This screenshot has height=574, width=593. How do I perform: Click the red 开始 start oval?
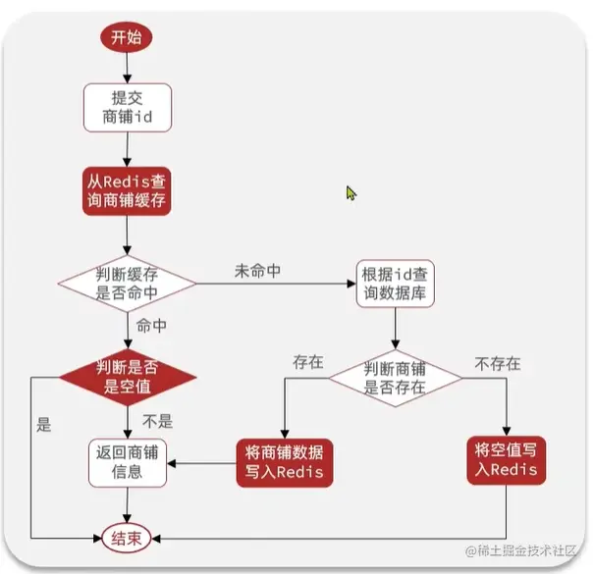point(128,38)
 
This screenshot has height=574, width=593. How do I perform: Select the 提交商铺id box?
point(128,108)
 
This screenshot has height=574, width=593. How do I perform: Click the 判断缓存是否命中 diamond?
point(128,283)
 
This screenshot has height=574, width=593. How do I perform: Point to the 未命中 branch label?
point(258,270)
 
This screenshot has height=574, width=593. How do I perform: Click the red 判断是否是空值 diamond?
point(128,377)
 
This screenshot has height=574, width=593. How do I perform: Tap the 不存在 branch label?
point(498,364)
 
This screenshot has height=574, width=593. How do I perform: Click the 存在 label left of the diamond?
point(307,362)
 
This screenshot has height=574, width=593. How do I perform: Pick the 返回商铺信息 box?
point(128,462)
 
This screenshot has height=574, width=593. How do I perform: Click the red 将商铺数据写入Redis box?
point(285,462)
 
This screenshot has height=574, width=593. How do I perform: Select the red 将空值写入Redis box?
point(506,460)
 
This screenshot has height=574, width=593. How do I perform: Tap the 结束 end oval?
point(128,538)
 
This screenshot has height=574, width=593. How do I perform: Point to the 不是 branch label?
point(157,422)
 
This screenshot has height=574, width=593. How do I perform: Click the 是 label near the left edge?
point(43,425)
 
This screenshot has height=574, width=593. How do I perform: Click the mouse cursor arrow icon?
point(350,192)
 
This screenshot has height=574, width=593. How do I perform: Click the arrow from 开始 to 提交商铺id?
point(128,68)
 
